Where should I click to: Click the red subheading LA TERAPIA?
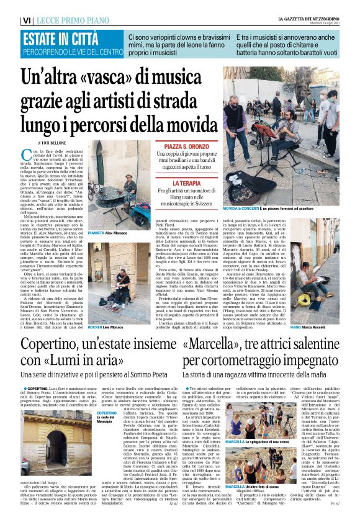186,184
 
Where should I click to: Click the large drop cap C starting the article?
25,158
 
